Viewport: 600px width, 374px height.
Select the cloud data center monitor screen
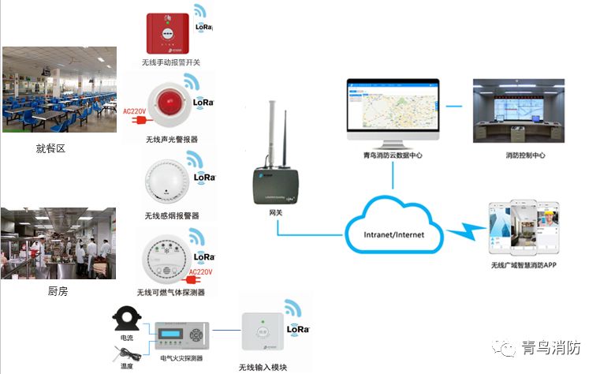[392, 110]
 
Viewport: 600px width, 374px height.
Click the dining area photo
[58, 88]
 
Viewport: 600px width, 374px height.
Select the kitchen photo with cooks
[58, 242]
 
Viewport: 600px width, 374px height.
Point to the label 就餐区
[50, 148]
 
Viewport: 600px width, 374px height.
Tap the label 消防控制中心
[525, 155]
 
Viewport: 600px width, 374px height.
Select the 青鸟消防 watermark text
[551, 347]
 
